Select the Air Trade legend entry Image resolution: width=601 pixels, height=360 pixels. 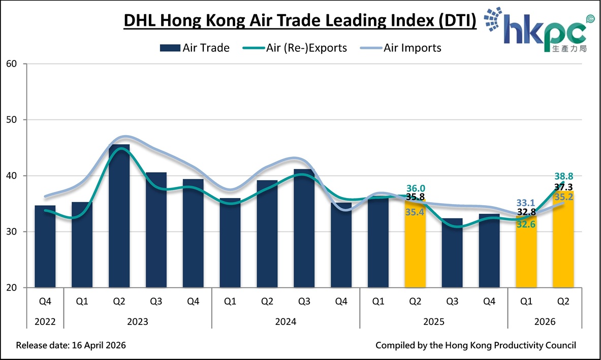coord(195,48)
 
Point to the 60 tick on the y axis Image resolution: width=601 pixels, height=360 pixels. coord(12,64)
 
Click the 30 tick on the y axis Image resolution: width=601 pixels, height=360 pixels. coord(12,232)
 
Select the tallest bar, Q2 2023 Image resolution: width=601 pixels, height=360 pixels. coord(119,216)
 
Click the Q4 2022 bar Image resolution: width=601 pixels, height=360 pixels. coord(45,246)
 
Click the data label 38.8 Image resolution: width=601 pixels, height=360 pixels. coord(563,176)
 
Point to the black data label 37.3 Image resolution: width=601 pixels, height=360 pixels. coord(563,187)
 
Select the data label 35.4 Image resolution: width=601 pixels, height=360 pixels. coord(415,212)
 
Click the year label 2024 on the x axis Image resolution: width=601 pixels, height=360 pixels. coord(286,321)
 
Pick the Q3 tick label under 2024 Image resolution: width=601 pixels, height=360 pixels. coord(304,301)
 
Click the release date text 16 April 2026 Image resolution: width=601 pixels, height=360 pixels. coord(71,345)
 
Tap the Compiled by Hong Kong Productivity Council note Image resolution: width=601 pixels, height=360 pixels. coord(476,345)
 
